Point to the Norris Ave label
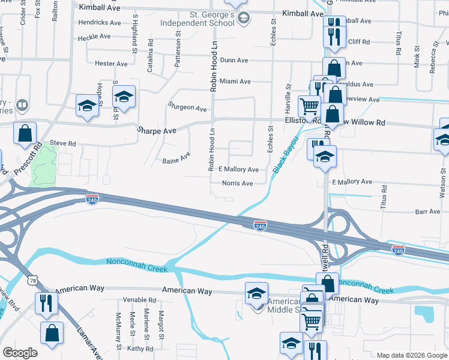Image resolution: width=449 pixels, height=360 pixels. click(237, 183)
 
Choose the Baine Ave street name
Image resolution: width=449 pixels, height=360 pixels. click(176, 161)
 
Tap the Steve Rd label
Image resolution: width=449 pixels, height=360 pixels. click(63, 144)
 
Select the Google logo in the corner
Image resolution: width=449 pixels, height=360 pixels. click(20, 352)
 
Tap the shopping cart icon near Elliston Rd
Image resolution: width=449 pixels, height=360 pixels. click(309, 107)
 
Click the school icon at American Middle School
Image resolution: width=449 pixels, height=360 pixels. click(256, 294)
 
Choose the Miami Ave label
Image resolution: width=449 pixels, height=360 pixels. click(235, 81)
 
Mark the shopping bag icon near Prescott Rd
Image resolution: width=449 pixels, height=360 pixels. click(25, 134)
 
